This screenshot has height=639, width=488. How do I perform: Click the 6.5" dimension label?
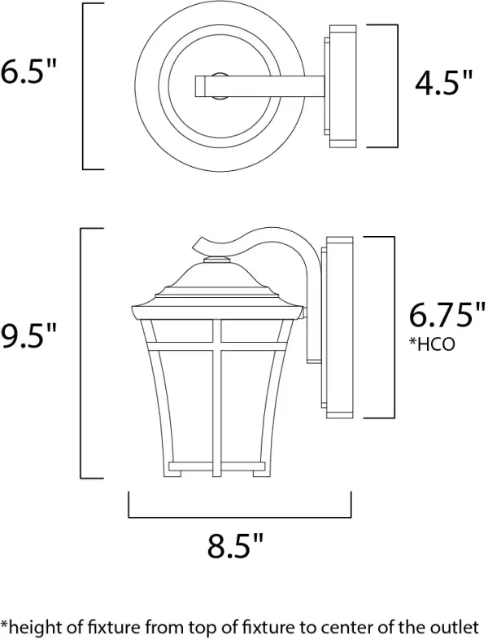pyautogui.click(x=29, y=74)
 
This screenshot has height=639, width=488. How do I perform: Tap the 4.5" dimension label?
pyautogui.click(x=443, y=84)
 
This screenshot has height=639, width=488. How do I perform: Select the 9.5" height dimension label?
pyautogui.click(x=29, y=336)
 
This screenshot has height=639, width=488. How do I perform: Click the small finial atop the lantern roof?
pyautogui.click(x=217, y=260)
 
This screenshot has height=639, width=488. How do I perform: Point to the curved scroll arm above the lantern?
pyautogui.click(x=244, y=236)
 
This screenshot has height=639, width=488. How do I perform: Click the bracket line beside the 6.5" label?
pyautogui.click(x=84, y=86)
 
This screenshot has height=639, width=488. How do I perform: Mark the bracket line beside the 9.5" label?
pyautogui.click(x=81, y=354)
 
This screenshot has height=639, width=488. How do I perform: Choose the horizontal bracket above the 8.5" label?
pyautogui.click(x=239, y=516)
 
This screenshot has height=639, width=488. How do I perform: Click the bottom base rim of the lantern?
pyautogui.click(x=217, y=471)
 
